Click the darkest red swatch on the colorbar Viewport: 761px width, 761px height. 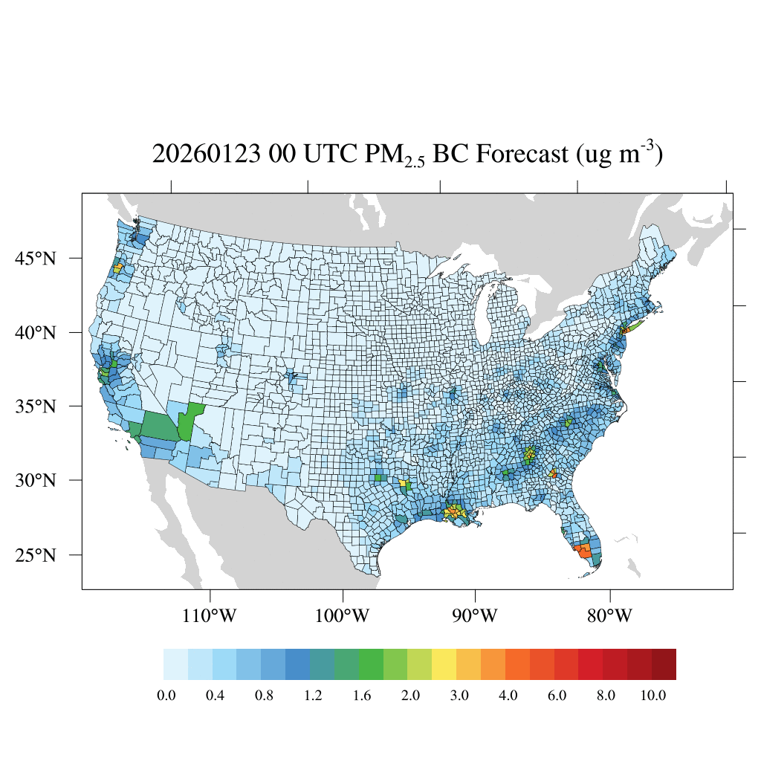664,664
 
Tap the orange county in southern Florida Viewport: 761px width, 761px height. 583,551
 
